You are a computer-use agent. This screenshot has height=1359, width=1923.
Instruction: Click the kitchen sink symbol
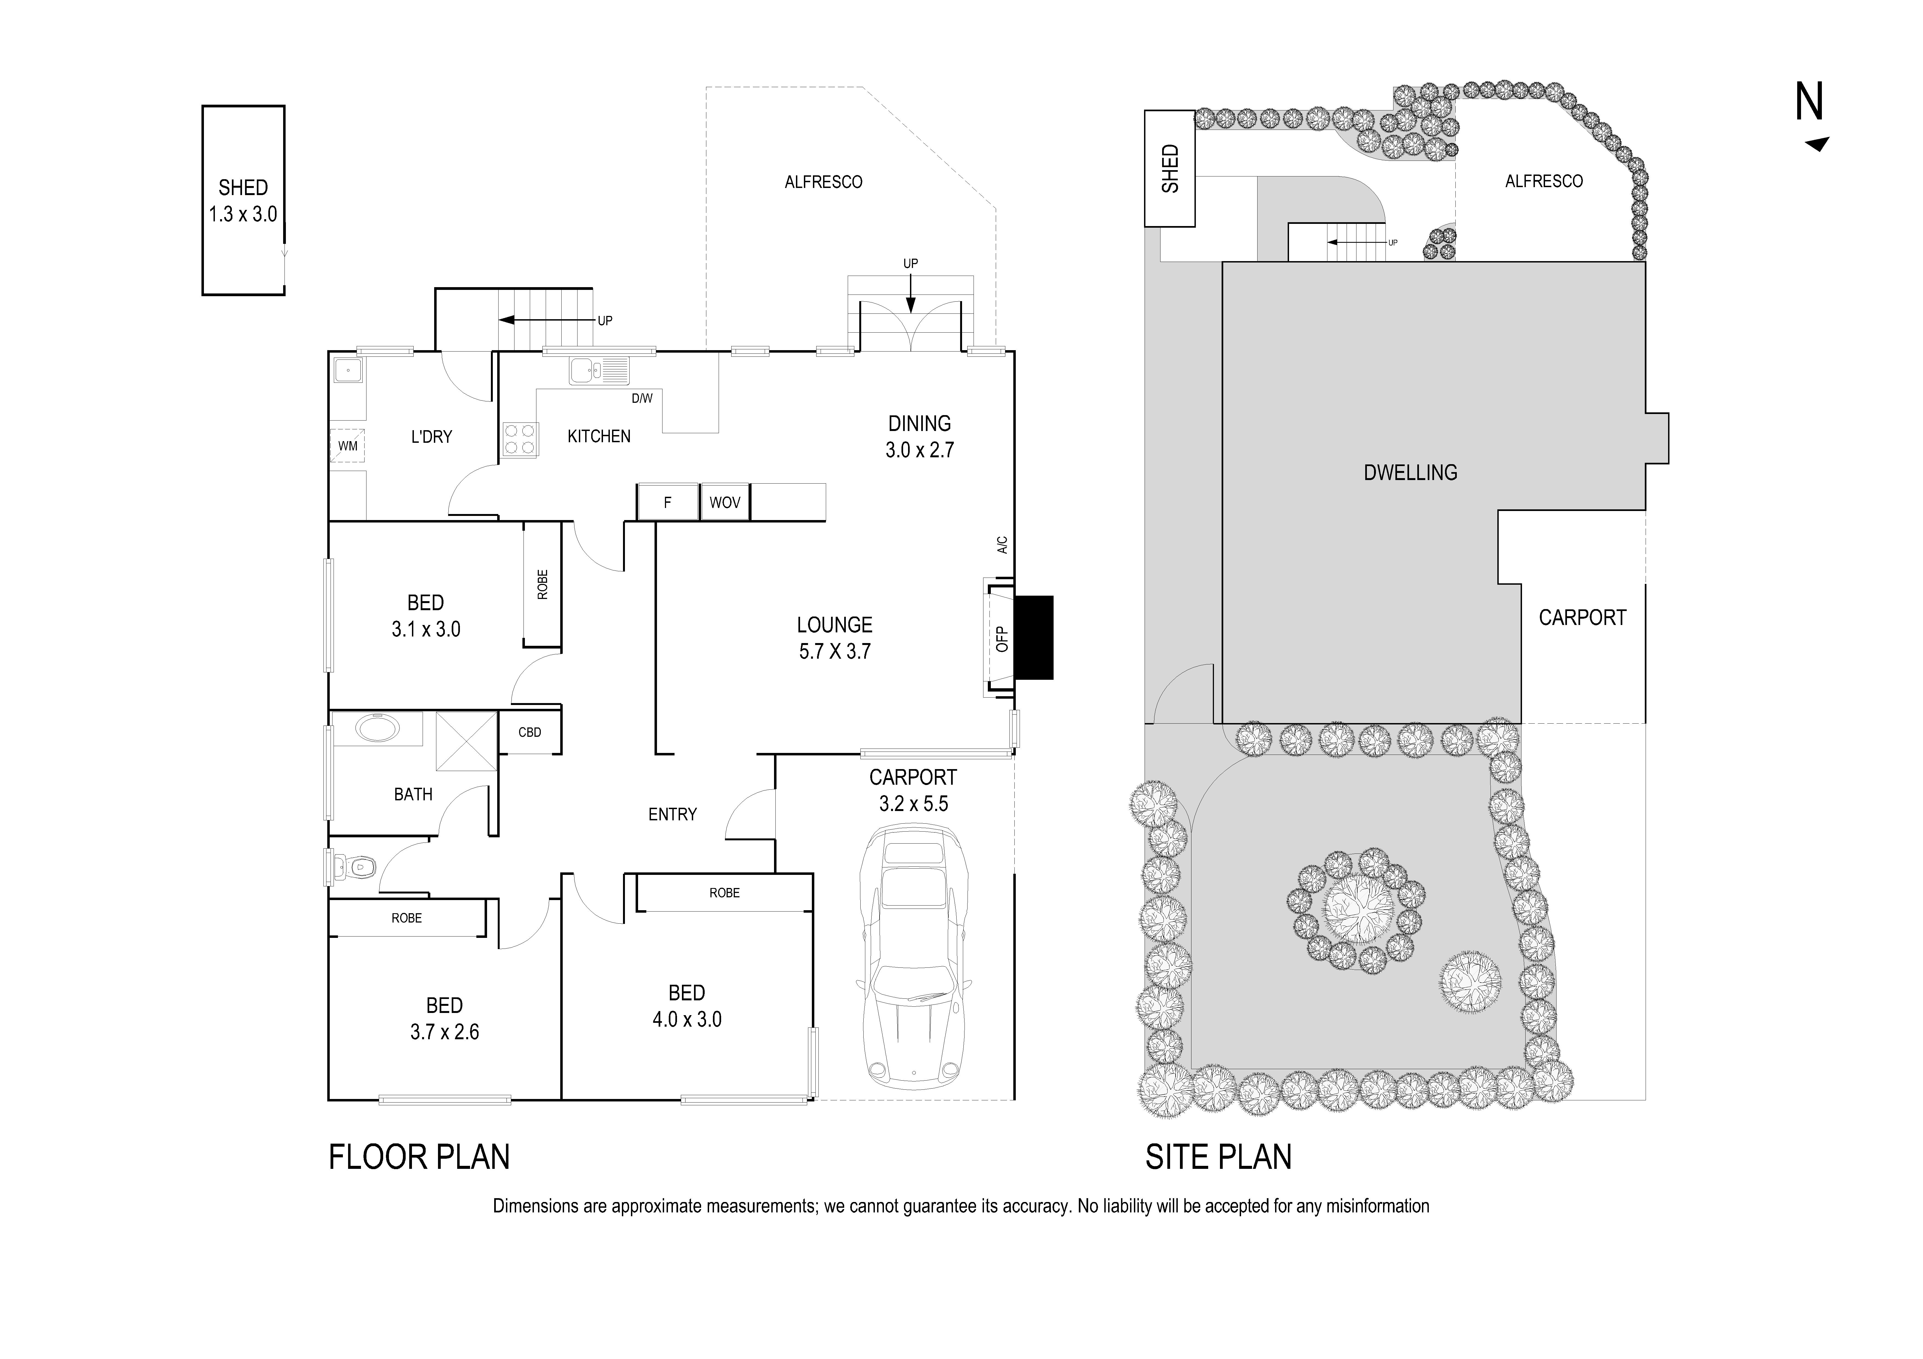coord(598,370)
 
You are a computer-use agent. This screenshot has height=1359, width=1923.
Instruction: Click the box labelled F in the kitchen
coord(667,503)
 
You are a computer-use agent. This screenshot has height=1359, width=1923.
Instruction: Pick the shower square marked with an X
coord(466,740)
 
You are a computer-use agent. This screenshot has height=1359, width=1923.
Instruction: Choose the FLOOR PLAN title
coord(419,1157)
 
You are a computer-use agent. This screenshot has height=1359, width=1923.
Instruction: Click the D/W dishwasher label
coord(642,399)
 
